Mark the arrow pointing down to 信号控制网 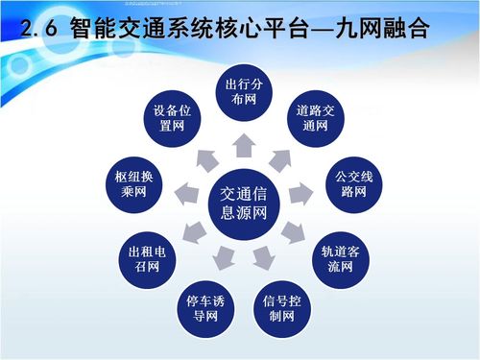click(262, 257)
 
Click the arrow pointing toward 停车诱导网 click(222, 257)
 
